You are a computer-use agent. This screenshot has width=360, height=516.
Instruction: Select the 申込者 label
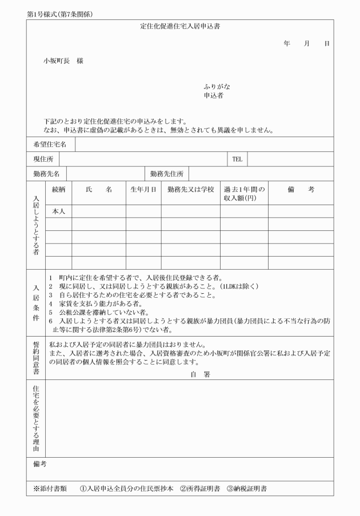click(214, 96)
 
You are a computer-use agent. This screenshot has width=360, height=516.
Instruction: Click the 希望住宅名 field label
click(50, 145)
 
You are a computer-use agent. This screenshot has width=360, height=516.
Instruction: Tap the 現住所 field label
click(43, 159)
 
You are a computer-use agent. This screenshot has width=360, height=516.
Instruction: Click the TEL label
click(237, 159)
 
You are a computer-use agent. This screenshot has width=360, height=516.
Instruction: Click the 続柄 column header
click(59, 190)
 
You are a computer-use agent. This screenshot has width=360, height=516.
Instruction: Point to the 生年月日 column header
click(143, 190)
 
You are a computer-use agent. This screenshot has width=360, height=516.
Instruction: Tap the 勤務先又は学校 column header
click(190, 190)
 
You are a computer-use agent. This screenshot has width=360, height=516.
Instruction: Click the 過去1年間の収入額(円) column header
click(244, 194)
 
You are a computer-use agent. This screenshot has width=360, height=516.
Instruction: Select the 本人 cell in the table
click(59, 211)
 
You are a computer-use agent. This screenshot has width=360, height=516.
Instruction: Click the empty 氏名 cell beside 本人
click(98, 211)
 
